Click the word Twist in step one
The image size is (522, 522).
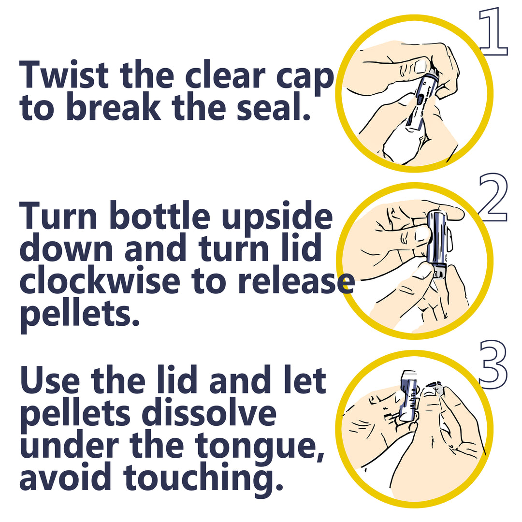pos(64,74)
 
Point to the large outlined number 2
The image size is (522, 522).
pos(493,197)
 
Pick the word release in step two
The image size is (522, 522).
pos(296,282)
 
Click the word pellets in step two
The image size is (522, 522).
pos(80,314)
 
